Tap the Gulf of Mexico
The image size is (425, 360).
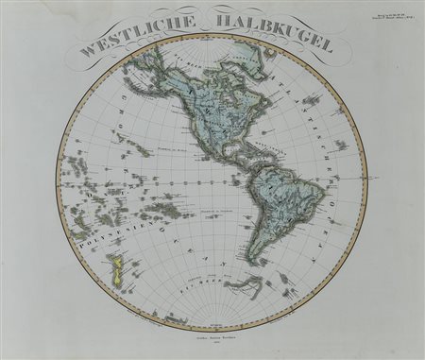[x=229, y=152]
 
